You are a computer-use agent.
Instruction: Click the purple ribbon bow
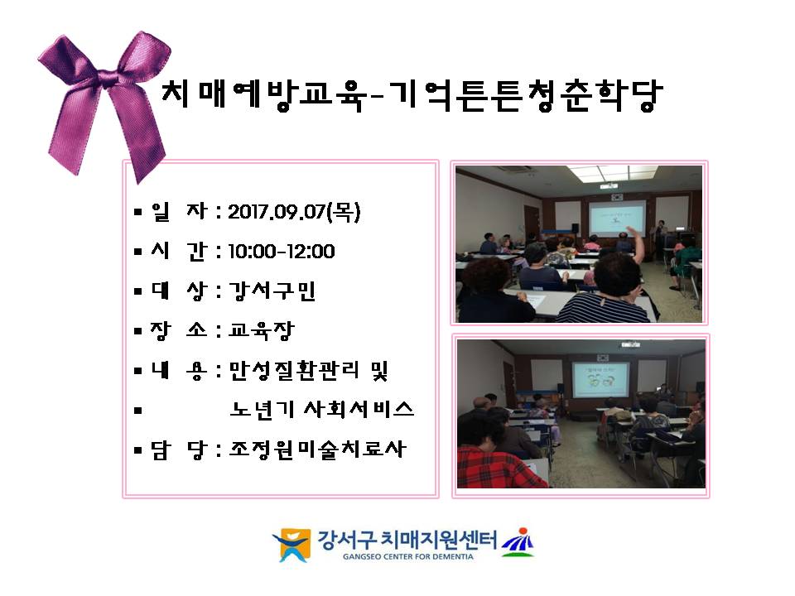pyautogui.click(x=104, y=101)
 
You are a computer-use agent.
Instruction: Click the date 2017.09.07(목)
pyautogui.click(x=294, y=212)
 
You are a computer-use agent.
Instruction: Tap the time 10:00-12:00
pyautogui.click(x=282, y=252)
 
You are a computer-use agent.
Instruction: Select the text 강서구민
pyautogui.click(x=272, y=291)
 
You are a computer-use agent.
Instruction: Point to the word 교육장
pyautogui.click(x=262, y=330)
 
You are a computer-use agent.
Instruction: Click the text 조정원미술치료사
pyautogui.click(x=318, y=449)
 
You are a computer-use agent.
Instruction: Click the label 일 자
pyautogui.click(x=179, y=212)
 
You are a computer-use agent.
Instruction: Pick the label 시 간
pyautogui.click(x=179, y=252)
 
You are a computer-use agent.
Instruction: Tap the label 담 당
pyautogui.click(x=179, y=449)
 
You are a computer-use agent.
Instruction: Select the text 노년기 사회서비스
pyautogui.click(x=322, y=410)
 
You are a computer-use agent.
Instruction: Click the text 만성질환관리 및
pyautogui.click(x=309, y=371)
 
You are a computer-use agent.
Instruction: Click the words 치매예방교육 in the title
pyautogui.click(x=263, y=94)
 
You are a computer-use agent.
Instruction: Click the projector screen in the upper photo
pyautogui.click(x=617, y=219)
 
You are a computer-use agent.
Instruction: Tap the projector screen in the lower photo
pyautogui.click(x=600, y=379)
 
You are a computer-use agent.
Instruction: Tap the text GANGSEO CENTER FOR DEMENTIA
pyautogui.click(x=408, y=556)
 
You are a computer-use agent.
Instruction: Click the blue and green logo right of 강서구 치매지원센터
pyautogui.click(x=518, y=542)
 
